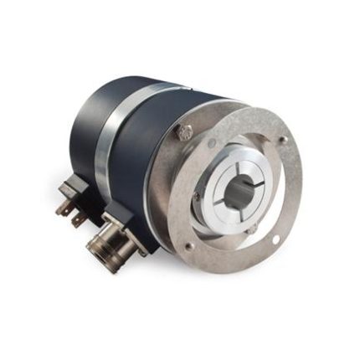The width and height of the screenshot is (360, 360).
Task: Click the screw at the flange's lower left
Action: tap(189, 245)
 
